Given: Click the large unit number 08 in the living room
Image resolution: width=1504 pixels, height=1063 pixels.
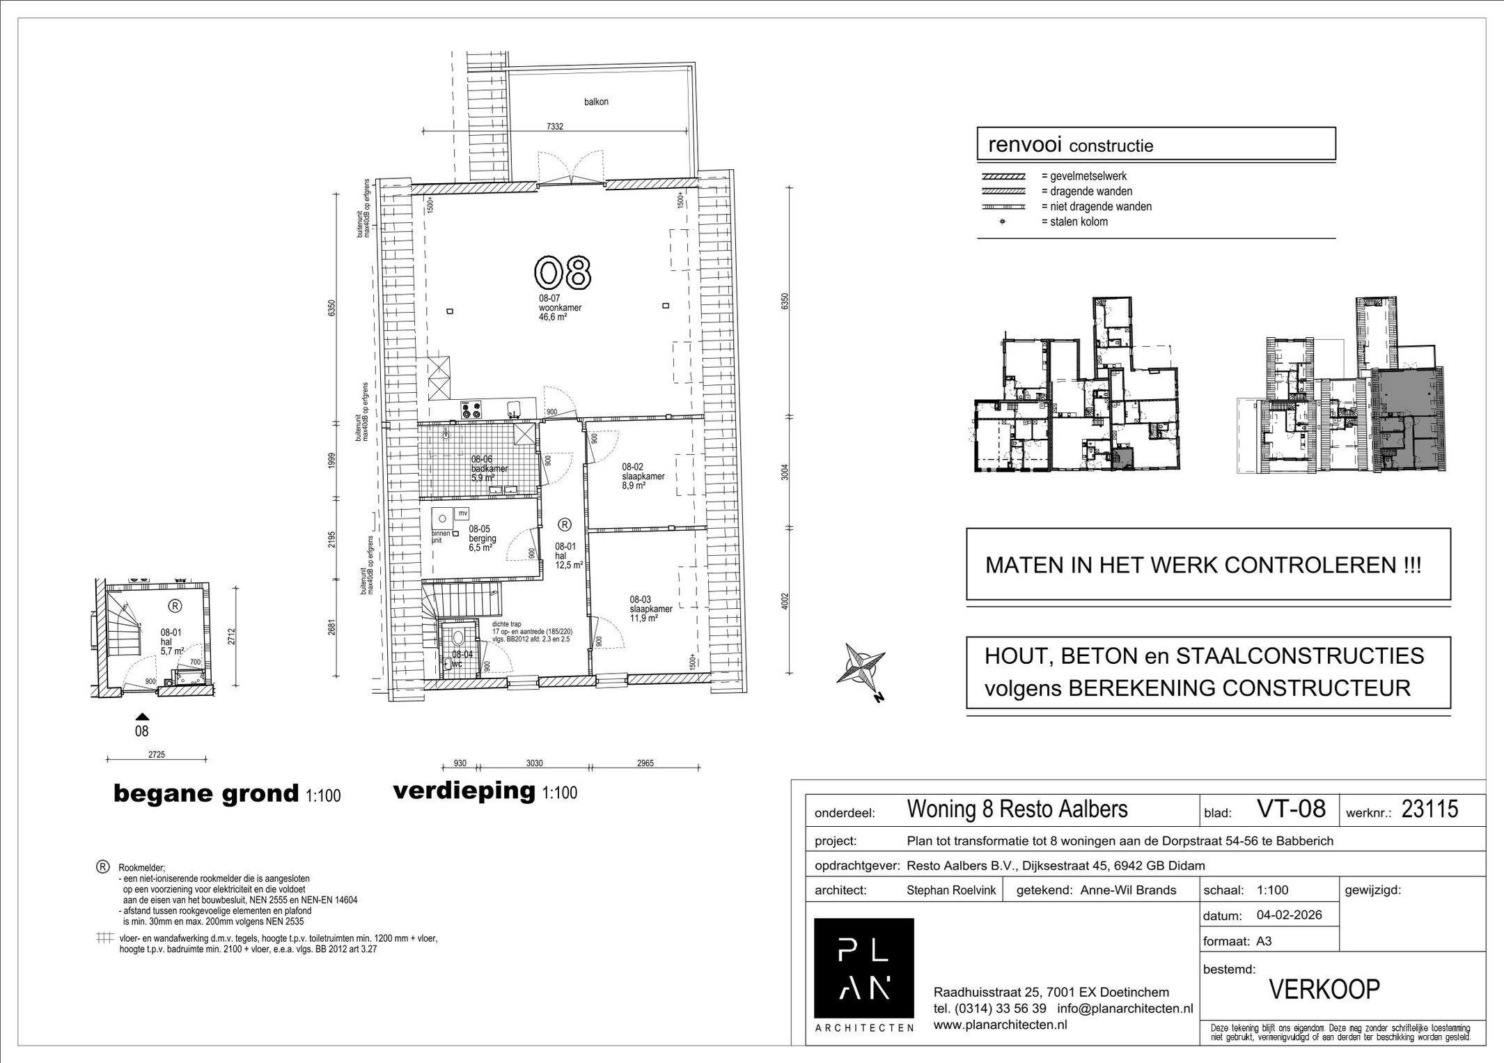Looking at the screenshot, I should coord(563,272).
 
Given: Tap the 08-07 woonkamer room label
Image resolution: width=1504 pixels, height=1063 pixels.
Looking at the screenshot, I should coord(560,307).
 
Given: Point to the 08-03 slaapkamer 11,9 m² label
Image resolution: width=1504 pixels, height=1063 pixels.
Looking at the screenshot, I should coord(650,609).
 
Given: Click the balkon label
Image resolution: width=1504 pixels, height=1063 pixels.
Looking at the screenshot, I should coord(596,102).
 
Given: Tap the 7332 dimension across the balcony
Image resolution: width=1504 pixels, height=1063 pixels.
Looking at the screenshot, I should coord(554,127).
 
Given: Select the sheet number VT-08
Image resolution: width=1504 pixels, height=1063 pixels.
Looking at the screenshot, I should coord(1291,809).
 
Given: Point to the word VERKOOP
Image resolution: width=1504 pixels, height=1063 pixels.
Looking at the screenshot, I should coord(1324,990).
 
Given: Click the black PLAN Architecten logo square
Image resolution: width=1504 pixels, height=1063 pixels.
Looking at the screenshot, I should coord(863,968).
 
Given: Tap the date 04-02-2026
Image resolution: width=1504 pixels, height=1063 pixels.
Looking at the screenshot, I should coord(1289,915).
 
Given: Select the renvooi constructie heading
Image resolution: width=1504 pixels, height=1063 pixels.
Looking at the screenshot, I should coord(1071,146).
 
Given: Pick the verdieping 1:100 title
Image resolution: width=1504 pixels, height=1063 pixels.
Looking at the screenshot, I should coord(485,791).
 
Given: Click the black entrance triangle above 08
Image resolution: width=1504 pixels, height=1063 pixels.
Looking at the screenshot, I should coord(142,716).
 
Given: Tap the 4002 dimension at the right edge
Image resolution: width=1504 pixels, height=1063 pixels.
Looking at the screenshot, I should coord(785,601).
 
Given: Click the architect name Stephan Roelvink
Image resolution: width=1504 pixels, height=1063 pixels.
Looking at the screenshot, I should coord(950,890).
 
